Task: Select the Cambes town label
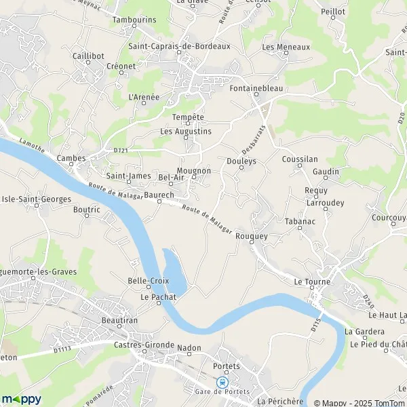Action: point(71,158)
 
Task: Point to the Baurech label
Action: point(159,195)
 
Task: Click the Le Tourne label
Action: point(312,282)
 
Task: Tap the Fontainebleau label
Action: point(256,88)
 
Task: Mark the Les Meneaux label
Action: point(286,47)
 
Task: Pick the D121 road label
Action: point(120,151)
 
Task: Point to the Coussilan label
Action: point(299,159)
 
